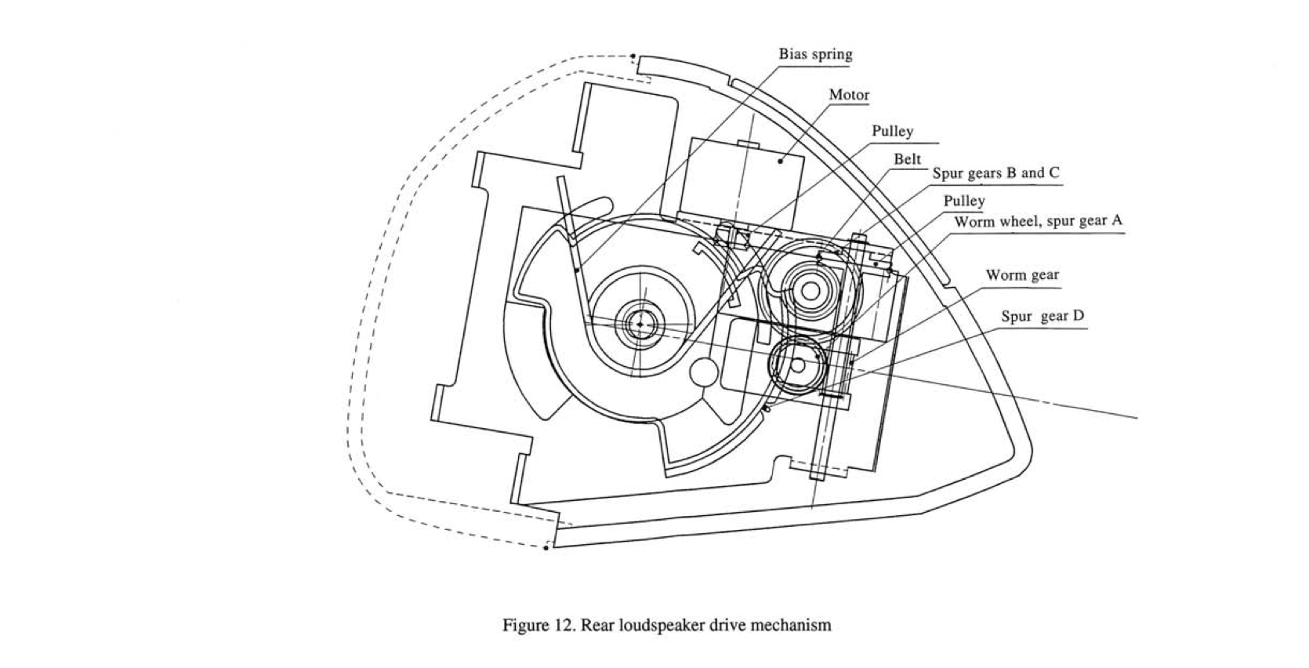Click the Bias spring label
pos(815,54)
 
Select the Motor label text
pos(849,95)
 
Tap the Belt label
pos(907,159)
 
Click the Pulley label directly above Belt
pos(892,132)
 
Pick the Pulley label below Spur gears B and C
pos(964,201)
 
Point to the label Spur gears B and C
pos(995,173)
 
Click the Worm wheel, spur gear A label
pos(1039,222)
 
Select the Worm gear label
pos(1022,275)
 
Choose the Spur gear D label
pos(1042,316)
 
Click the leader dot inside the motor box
pos(780,161)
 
